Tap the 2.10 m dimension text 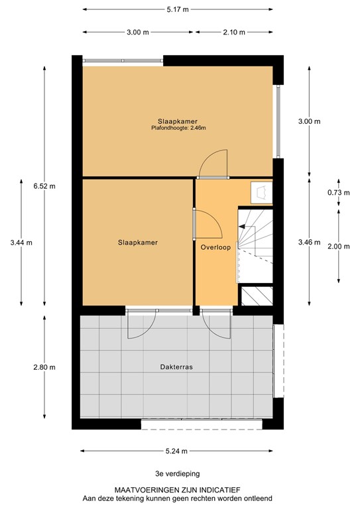(x=235, y=32)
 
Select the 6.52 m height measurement (x=45, y=186)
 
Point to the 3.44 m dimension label (x=21, y=243)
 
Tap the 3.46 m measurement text (x=310, y=243)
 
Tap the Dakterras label (x=176, y=367)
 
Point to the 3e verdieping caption (x=176, y=474)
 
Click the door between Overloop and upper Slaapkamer (x=213, y=166)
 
